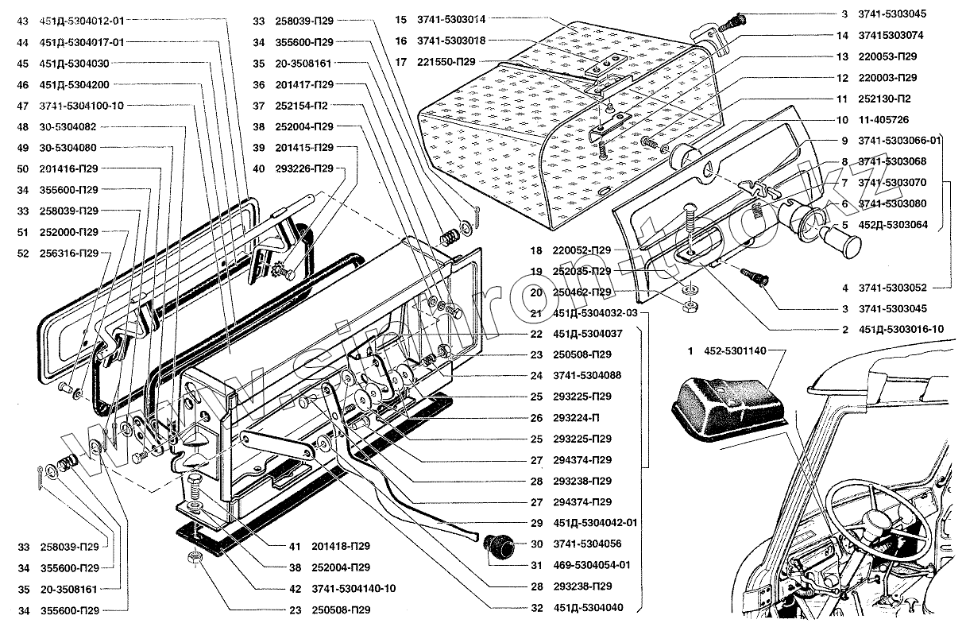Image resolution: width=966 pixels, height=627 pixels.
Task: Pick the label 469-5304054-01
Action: pyautogui.click(x=591, y=565)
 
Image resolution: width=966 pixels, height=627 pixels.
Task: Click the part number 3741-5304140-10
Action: pyautogui.click(x=354, y=589)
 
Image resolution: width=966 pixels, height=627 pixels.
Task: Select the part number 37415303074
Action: pyautogui.click(x=891, y=36)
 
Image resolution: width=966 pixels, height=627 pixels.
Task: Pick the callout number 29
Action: pyautogui.click(x=537, y=523)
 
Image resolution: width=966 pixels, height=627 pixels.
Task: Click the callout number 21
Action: pyautogui.click(x=537, y=313)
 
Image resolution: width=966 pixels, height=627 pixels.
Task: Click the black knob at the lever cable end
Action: pyautogui.click(x=496, y=548)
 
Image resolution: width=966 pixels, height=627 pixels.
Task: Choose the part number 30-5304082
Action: pyautogui.click(x=68, y=127)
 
